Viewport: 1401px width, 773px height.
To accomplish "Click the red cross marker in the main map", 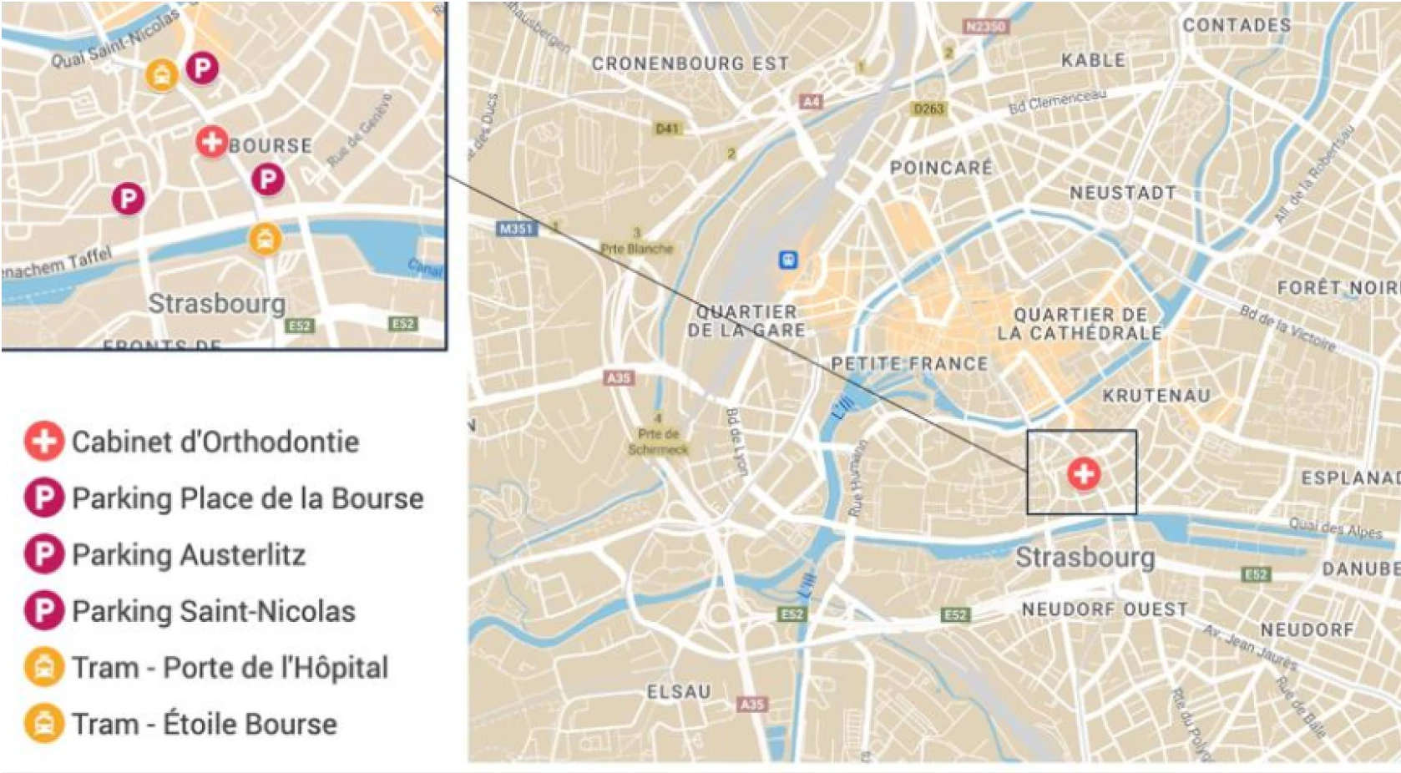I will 1084,474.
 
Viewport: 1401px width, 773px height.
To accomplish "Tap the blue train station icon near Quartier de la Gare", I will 787,260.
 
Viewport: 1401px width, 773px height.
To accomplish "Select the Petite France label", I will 909,364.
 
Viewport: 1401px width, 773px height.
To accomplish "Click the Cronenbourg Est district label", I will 690,63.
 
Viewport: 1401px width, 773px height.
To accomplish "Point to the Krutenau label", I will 1156,396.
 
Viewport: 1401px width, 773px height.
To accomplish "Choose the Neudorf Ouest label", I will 1104,609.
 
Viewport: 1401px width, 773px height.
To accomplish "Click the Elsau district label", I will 679,691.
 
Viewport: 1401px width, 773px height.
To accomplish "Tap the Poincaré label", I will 941,168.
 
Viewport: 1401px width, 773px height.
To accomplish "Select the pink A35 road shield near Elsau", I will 751,704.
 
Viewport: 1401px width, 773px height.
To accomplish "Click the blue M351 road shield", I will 515,228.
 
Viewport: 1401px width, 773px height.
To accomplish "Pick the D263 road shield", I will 928,109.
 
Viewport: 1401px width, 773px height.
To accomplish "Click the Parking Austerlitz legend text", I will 189,555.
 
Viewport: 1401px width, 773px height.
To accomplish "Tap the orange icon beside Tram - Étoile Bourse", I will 43,724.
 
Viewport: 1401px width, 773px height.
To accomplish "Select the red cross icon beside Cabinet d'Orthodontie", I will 43,442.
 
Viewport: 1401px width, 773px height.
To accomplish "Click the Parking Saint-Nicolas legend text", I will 214,612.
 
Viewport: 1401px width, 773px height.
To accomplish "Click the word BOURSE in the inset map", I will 271,145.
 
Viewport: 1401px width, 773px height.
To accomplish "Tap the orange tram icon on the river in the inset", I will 266,240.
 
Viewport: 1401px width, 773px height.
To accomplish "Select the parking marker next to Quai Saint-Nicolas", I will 201,68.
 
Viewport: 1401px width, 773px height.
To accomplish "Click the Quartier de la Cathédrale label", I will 1080,324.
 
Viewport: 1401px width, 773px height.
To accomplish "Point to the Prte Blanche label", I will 636,249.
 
